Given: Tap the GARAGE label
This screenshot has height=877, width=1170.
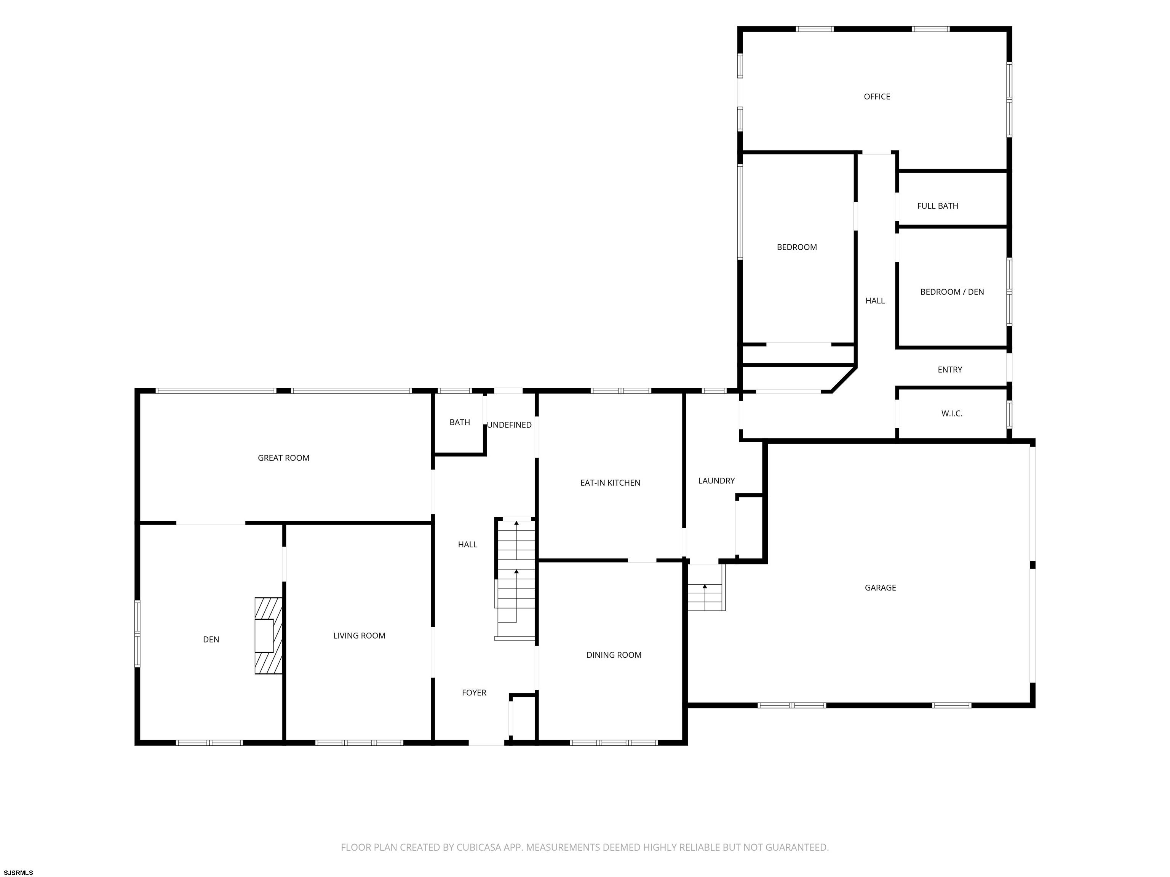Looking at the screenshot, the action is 880,587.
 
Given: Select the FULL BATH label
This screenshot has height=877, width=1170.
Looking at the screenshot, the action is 937,206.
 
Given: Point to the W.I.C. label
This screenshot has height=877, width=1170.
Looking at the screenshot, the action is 951,413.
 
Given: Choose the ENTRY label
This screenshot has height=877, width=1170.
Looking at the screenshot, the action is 949,370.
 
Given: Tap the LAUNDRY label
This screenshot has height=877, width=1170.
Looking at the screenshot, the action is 716,480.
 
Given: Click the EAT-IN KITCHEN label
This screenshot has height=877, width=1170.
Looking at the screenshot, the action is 610,483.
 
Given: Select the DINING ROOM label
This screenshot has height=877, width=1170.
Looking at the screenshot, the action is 614,655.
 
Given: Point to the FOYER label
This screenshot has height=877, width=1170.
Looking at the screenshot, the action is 474,692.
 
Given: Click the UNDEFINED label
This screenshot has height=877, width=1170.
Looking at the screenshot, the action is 509,425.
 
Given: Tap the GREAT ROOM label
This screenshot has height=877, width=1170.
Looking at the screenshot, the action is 283,458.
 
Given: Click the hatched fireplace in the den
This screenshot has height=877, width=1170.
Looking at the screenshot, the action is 269,635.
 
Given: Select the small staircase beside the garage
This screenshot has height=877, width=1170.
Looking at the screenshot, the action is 706,587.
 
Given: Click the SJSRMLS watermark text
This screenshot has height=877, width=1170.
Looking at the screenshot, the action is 19,872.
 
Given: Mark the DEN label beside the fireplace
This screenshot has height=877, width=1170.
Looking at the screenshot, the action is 211,639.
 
